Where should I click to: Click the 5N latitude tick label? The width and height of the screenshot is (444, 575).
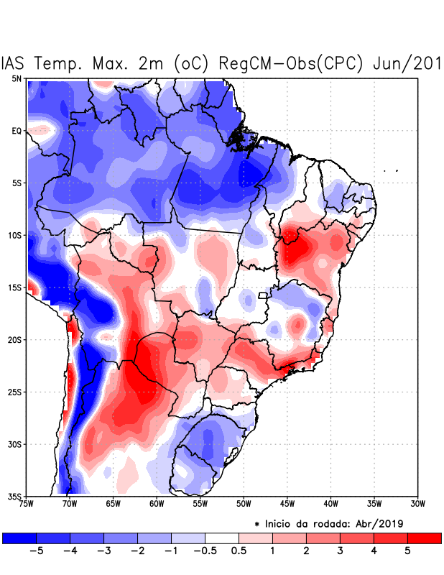[x=16, y=78]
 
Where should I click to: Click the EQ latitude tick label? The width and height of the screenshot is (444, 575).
[x=16, y=131]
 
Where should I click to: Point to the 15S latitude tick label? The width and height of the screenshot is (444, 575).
[x=14, y=287]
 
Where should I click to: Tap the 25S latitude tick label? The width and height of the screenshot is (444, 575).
[x=14, y=392]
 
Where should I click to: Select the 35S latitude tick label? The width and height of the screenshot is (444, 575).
[x=14, y=496]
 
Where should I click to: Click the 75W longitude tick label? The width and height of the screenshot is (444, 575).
[x=27, y=504]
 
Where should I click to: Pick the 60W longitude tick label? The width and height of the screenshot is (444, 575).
[x=157, y=504]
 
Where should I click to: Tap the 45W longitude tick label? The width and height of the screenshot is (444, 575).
[x=287, y=504]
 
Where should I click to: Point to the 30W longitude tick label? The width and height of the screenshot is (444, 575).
[x=417, y=504]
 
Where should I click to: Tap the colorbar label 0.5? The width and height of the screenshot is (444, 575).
[x=239, y=551]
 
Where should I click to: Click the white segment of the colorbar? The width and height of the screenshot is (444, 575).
[x=222, y=538]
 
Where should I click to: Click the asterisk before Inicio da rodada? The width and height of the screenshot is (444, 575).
[x=256, y=524]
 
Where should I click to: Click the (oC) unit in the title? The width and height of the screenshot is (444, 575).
[x=188, y=63]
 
